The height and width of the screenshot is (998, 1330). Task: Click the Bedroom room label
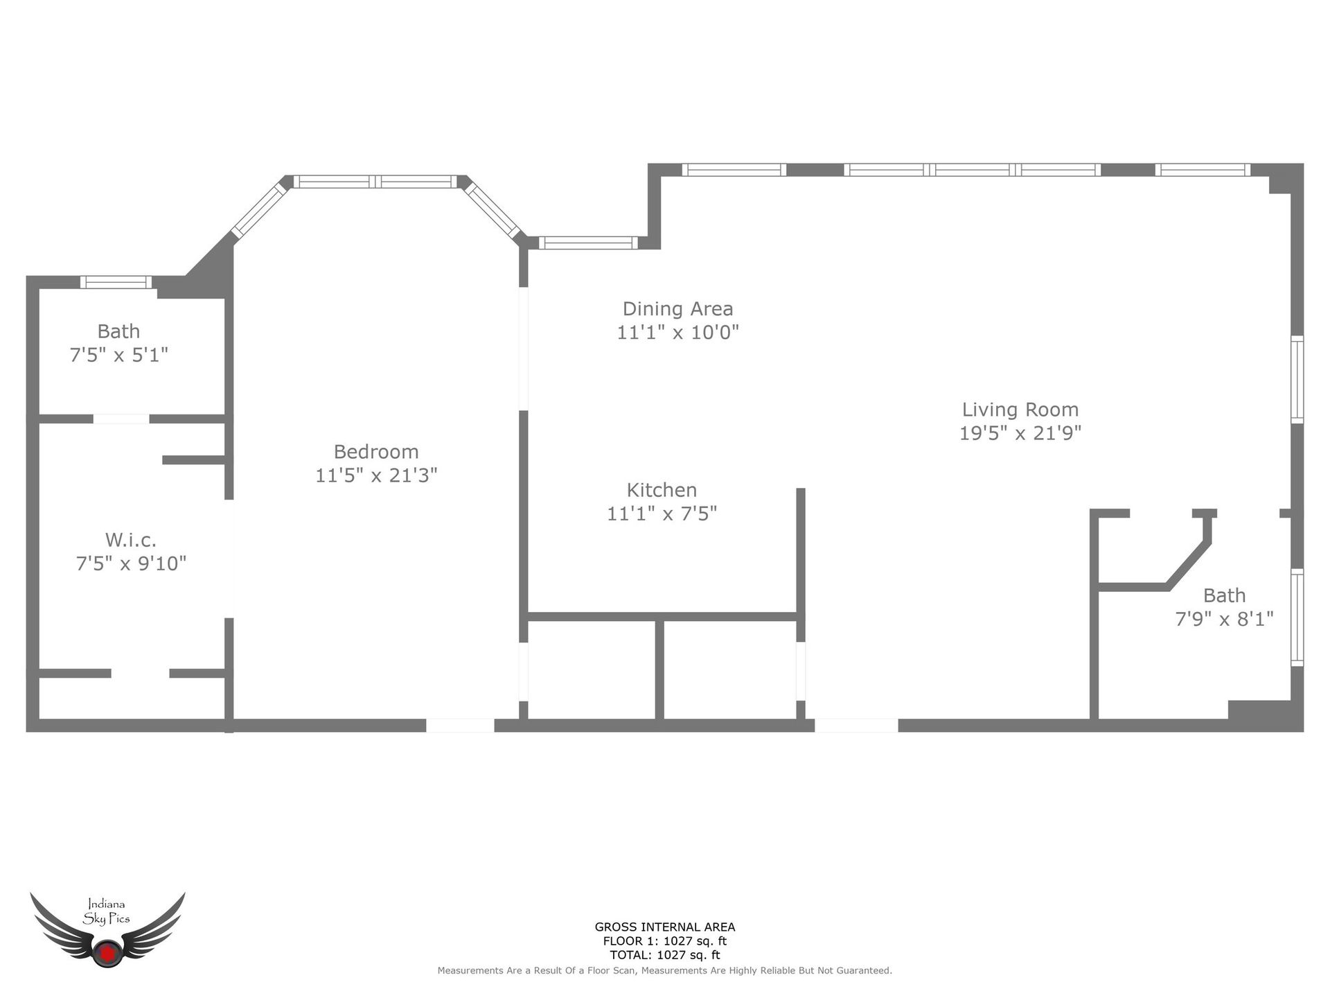pyautogui.click(x=376, y=452)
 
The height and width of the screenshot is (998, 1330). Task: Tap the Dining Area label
pyautogui.click(x=677, y=309)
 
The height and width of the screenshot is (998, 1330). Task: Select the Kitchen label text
pyautogui.click(x=662, y=491)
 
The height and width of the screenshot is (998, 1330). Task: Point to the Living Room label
pyautogui.click(x=1020, y=410)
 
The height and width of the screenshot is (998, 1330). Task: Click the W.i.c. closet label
pyautogui.click(x=131, y=540)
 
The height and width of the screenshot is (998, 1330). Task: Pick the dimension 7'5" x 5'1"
pyautogui.click(x=119, y=355)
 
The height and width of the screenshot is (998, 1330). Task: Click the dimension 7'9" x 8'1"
pyautogui.click(x=1224, y=619)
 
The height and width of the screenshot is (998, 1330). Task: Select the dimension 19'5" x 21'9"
pyautogui.click(x=1020, y=433)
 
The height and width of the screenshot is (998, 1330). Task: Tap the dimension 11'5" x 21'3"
pyautogui.click(x=376, y=475)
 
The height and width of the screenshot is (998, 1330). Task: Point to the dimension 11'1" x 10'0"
pyautogui.click(x=677, y=333)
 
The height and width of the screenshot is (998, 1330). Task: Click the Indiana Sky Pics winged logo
pyautogui.click(x=107, y=929)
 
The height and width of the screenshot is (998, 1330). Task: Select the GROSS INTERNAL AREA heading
pyautogui.click(x=664, y=927)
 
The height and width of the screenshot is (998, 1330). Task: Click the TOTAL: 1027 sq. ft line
pyautogui.click(x=664, y=954)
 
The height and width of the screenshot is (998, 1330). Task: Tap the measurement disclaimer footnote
pyautogui.click(x=664, y=971)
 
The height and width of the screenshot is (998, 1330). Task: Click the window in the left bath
pyautogui.click(x=116, y=282)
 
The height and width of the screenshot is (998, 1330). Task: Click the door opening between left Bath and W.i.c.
pyautogui.click(x=121, y=419)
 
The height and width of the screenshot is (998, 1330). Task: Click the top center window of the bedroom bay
pyautogui.click(x=375, y=182)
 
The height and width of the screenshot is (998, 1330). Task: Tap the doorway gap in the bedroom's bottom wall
pyautogui.click(x=460, y=726)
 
